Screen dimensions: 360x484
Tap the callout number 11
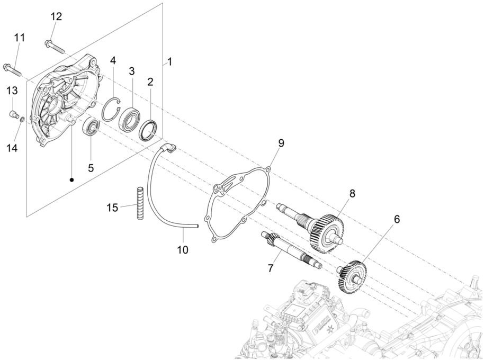tap(20, 38)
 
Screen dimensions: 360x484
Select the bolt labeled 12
tap(55, 46)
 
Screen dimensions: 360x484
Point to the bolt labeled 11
tap(13, 68)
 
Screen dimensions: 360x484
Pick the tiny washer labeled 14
tap(22, 121)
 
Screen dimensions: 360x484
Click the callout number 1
tap(170, 62)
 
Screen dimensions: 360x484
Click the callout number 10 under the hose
tap(182, 248)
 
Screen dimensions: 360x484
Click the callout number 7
tap(271, 268)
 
